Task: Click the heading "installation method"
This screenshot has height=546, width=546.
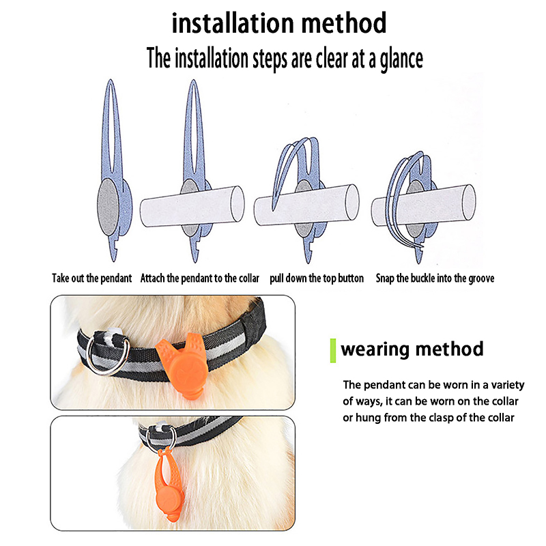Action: tap(279, 23)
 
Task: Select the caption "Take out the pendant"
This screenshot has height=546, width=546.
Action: tap(92, 278)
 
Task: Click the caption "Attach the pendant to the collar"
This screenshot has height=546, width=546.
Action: tap(200, 278)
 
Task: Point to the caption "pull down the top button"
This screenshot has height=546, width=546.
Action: tap(317, 278)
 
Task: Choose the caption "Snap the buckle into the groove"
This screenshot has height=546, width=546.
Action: tap(435, 278)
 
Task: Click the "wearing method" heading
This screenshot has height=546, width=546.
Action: tap(412, 349)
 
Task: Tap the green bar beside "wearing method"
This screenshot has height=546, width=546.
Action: tap(333, 351)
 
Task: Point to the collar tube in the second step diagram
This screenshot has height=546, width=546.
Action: tap(192, 207)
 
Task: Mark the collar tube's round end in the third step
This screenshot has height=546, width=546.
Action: tap(352, 202)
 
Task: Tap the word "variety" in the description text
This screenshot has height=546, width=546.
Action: tap(508, 385)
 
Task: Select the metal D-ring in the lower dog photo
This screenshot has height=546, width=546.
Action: tap(161, 440)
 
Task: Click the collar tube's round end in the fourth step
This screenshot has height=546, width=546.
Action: tap(469, 202)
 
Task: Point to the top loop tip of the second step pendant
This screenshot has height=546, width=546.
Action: tap(194, 81)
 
